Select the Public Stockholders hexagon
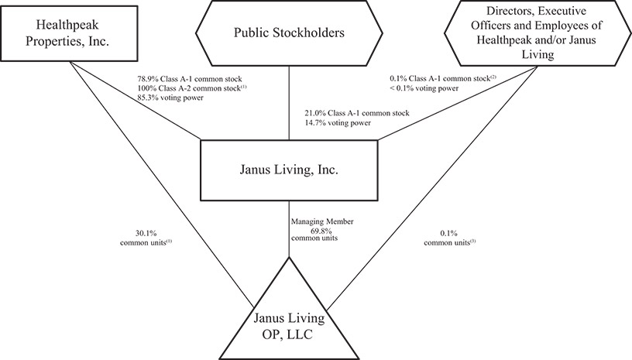289,33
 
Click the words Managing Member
322,221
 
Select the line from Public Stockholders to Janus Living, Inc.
289,101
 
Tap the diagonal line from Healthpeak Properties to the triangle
155,186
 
